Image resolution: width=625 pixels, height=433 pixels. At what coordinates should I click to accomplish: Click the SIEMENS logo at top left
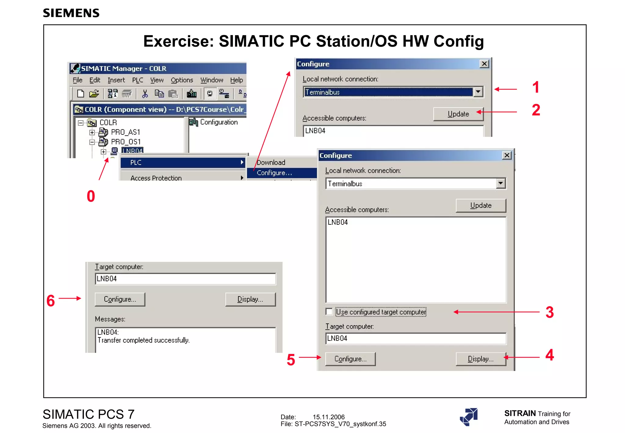pos(71,13)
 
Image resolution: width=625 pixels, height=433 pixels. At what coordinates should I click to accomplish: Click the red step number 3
pos(550,312)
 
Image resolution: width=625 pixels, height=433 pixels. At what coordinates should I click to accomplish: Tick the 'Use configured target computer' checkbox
pos(329,312)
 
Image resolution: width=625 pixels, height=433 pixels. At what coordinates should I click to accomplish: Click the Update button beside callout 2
pos(458,114)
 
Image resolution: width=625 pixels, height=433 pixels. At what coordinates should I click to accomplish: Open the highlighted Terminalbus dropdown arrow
pos(478,92)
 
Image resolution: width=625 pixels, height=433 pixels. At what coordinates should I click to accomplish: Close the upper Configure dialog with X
pos(484,64)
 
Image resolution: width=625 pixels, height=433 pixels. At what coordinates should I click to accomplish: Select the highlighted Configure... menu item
pos(275,173)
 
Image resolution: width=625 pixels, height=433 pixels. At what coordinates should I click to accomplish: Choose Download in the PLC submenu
pos(271,162)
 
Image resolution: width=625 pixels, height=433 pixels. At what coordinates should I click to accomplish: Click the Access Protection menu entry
pos(156,178)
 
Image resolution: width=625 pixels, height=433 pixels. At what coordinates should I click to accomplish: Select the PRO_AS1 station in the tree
pos(125,132)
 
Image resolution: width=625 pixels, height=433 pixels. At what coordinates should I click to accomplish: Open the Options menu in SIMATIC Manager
pos(182,80)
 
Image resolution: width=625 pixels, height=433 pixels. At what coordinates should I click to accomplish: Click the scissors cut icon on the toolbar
pos(145,94)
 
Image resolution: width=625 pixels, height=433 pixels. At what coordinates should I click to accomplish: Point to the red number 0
pos(91,196)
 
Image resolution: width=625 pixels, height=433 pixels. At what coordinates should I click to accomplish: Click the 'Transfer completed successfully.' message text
pos(143,340)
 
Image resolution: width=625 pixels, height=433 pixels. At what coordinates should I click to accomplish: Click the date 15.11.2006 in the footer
pos(328,417)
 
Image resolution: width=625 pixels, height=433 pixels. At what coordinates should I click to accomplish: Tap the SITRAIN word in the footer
pos(520,413)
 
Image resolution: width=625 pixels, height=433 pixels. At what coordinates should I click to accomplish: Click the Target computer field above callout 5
pos(415,338)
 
